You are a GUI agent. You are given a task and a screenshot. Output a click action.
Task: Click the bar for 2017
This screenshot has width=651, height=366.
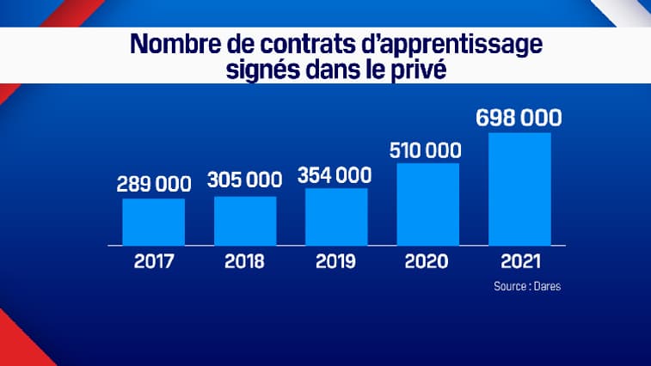click(x=153, y=222)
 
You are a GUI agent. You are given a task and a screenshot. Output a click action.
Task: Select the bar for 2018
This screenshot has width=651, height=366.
click(x=245, y=221)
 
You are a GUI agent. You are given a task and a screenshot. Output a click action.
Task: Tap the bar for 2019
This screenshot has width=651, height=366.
click(x=336, y=217)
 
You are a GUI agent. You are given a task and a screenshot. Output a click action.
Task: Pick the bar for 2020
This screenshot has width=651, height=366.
click(x=427, y=204)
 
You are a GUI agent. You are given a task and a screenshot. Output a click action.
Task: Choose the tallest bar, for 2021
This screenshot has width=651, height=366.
click(x=519, y=188)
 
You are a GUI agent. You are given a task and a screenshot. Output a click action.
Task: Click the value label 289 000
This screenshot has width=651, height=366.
click(x=153, y=184)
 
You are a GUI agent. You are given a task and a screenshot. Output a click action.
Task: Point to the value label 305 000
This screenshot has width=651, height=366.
click(x=245, y=180)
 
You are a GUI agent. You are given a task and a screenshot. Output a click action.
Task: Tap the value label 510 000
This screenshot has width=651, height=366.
click(x=427, y=149)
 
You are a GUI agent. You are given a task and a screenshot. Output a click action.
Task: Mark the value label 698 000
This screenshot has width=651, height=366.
click(x=519, y=117)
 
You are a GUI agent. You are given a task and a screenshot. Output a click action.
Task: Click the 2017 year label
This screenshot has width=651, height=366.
click(x=153, y=261)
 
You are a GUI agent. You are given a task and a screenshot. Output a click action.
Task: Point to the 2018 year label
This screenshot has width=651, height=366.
click(x=245, y=261)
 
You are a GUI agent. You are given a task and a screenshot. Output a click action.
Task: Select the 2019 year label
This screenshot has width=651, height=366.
click(x=336, y=261)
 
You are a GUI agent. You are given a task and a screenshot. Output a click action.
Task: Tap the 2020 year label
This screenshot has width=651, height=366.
click(x=427, y=261)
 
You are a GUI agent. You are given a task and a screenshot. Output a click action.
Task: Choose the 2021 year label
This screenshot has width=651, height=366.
click(x=519, y=261)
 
